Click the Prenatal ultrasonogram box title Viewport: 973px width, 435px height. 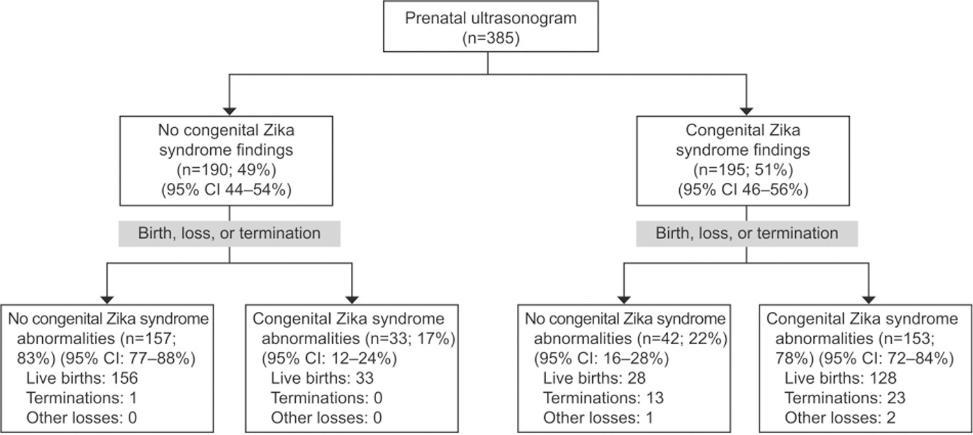[491, 18]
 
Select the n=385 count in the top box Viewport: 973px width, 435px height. [491, 38]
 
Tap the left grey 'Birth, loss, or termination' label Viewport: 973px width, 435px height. [230, 233]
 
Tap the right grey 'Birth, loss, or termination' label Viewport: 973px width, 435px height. [747, 233]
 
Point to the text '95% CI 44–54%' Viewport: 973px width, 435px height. [226, 190]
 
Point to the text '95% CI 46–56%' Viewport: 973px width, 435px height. [743, 190]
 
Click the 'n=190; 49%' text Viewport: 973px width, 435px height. [226, 170]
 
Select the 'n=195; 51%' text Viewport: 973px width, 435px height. [743, 170]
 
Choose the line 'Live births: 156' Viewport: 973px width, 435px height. [82, 378]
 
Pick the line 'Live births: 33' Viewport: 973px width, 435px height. [322, 378]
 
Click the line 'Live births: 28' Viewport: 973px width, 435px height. [595, 378]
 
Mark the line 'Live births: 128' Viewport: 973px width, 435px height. [841, 378]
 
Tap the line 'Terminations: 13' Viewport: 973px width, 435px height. [604, 398]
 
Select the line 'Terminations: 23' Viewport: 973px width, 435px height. [845, 398]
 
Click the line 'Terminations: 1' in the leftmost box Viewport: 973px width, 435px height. [82, 398]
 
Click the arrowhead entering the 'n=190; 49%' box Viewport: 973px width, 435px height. [230, 112]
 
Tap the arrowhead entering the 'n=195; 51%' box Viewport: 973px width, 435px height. [746, 112]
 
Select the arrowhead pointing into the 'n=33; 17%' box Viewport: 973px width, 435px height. [352, 300]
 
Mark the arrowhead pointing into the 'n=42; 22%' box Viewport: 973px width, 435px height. [624, 300]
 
